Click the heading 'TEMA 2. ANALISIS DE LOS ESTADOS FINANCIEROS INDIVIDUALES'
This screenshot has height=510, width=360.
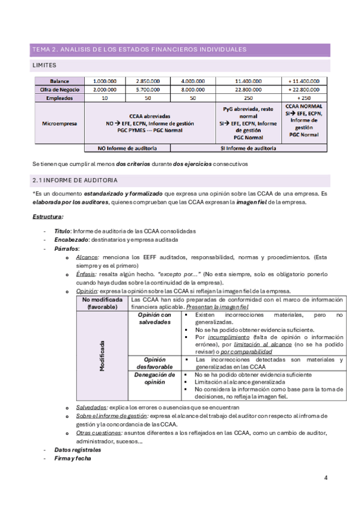click(x=139, y=49)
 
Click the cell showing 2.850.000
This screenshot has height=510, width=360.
click(x=148, y=81)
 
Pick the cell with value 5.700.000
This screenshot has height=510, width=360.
click(x=148, y=89)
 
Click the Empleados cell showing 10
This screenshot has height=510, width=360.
click(x=105, y=97)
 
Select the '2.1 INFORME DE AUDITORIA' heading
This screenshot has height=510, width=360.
click(x=75, y=180)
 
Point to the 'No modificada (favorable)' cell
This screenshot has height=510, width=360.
click(x=102, y=303)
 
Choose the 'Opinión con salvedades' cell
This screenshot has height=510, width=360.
click(x=154, y=318)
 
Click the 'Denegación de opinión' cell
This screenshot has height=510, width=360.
click(x=154, y=378)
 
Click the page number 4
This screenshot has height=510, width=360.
click(x=325, y=478)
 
